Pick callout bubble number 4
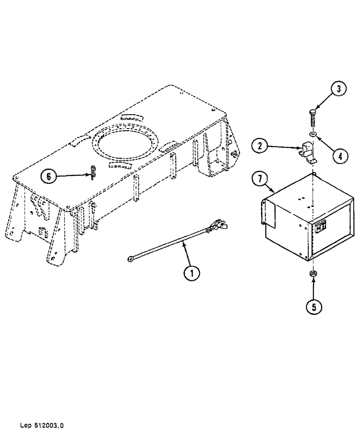coord(340,157)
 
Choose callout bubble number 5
coord(314,307)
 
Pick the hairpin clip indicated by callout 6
coord(92,172)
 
